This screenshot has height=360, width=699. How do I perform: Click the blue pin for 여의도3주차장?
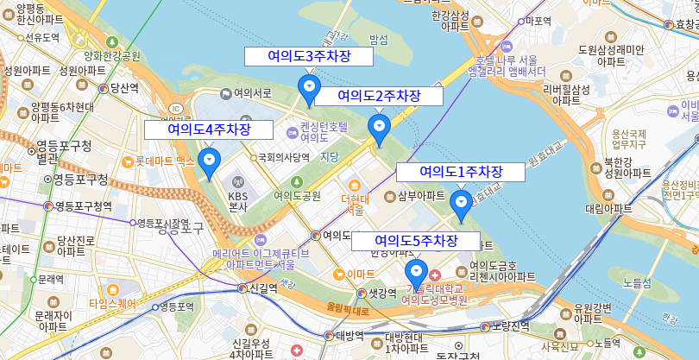coord(309,87)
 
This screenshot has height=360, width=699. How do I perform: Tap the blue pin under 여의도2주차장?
coord(379,127)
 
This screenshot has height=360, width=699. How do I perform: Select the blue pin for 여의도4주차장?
coord(208,161)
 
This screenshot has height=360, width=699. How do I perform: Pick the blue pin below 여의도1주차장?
coord(461,202)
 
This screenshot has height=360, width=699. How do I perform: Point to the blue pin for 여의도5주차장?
coord(416,271)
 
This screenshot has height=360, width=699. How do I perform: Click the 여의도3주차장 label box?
coord(309,56)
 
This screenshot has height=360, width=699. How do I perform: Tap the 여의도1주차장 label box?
coord(460,172)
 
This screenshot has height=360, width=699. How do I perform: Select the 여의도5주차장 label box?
coord(415,240)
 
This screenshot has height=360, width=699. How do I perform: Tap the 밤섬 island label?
coord(378,40)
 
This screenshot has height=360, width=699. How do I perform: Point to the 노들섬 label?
coord(637,282)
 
